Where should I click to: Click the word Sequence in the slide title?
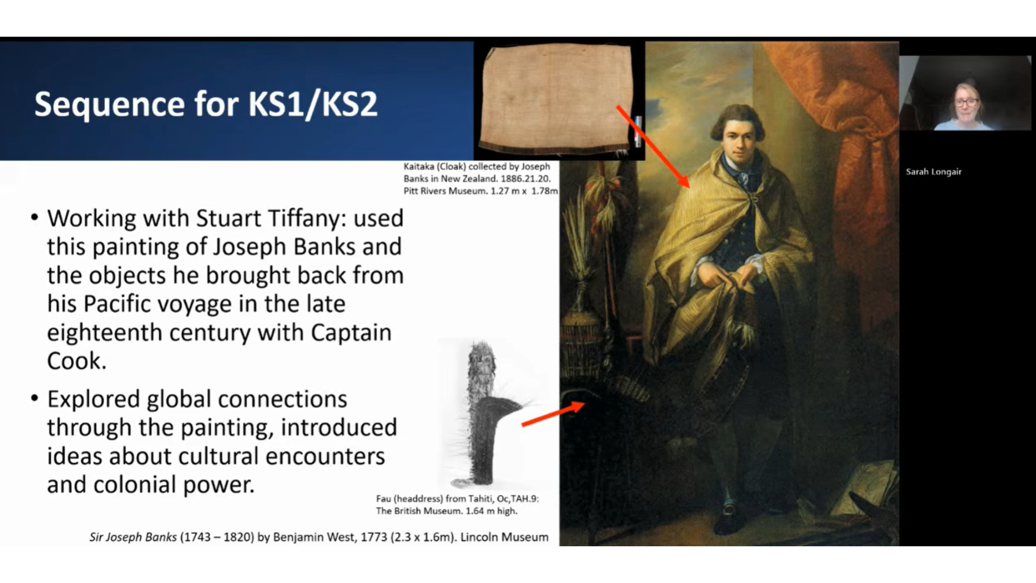point(110,104)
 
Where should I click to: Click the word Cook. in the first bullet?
point(77,361)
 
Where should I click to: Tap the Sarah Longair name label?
point(933,172)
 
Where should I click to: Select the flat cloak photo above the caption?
point(557,99)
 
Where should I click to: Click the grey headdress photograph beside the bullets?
point(485,413)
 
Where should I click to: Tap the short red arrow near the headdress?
point(553,414)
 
